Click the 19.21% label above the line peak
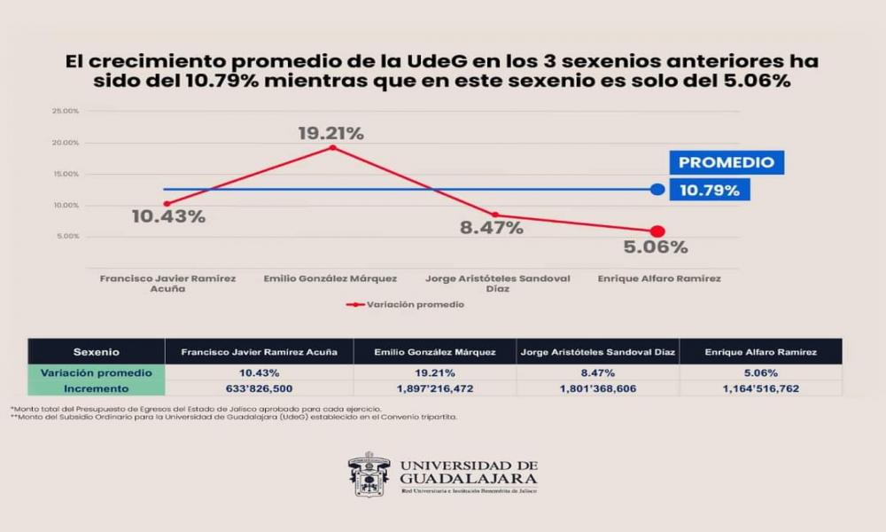330,134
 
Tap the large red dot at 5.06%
657,231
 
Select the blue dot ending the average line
657,189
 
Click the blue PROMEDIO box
726,162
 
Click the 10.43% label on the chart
168,216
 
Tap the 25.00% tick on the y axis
66,111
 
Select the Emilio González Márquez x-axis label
330,278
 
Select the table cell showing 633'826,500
259,388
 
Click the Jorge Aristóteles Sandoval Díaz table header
597,352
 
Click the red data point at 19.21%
332,147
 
